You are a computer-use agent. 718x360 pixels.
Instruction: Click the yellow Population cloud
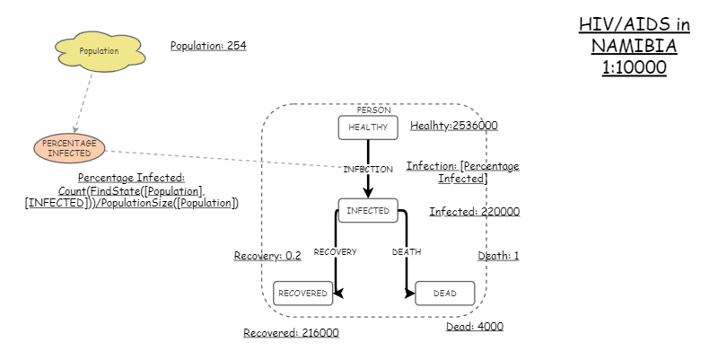pyautogui.click(x=100, y=51)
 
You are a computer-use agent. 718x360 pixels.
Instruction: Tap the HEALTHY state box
pyautogui.click(x=367, y=127)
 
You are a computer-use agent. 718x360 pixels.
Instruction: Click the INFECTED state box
pyautogui.click(x=368, y=211)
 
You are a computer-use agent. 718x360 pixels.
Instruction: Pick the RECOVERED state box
pyautogui.click(x=302, y=294)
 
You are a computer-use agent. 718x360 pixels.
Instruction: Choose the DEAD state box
pyautogui.click(x=444, y=294)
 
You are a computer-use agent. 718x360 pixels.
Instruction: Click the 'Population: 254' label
pyautogui.click(x=208, y=46)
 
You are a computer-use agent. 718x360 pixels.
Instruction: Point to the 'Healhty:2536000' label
pyautogui.click(x=454, y=126)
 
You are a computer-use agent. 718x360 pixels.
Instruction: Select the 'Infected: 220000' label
pyautogui.click(x=474, y=212)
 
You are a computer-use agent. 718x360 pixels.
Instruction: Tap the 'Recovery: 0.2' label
pyautogui.click(x=267, y=256)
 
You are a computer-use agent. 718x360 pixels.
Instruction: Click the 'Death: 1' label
pyautogui.click(x=498, y=256)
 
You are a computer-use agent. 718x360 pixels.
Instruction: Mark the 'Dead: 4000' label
pyautogui.click(x=475, y=327)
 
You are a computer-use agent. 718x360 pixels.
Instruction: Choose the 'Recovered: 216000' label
pyautogui.click(x=291, y=333)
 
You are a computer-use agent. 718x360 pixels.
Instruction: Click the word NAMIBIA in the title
pyautogui.click(x=634, y=47)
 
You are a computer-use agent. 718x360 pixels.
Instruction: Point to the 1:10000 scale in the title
pyautogui.click(x=634, y=67)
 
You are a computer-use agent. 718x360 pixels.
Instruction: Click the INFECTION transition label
pyautogui.click(x=368, y=169)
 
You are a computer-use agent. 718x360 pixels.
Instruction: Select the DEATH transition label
pyautogui.click(x=407, y=252)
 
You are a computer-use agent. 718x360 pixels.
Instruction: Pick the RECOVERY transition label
pyautogui.click(x=335, y=252)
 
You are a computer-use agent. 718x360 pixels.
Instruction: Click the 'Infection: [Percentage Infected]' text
pyautogui.click(x=462, y=172)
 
